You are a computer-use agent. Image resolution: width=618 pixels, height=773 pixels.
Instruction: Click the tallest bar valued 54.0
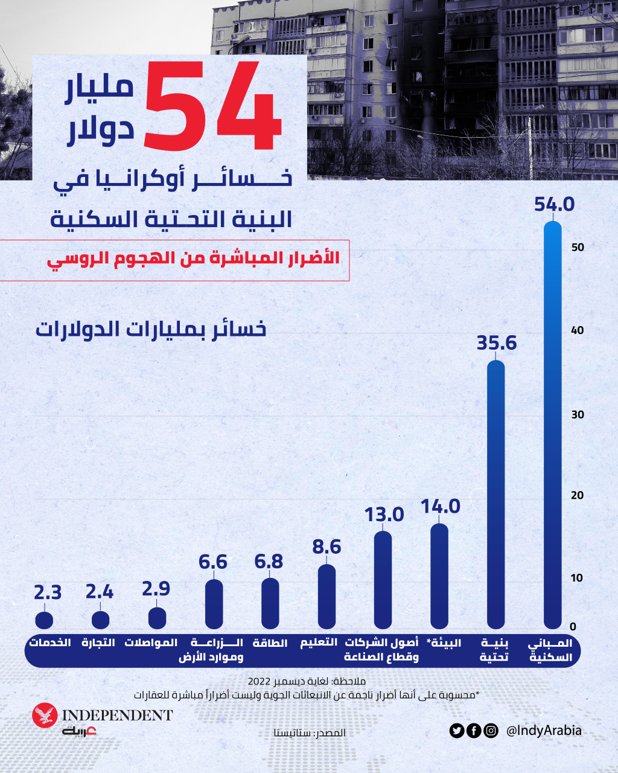point(552,423)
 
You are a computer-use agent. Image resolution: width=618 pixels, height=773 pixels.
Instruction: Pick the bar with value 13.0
point(383,580)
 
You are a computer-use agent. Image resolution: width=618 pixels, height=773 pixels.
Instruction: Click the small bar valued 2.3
point(44,620)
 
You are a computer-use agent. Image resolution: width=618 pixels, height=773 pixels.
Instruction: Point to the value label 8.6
point(327,547)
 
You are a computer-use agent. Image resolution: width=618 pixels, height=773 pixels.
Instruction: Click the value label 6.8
point(269,562)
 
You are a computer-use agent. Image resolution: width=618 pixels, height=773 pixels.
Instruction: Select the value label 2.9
point(156,588)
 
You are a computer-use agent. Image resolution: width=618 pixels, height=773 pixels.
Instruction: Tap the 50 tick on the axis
point(577,247)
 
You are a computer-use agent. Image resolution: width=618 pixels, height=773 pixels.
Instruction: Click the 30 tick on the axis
point(577,414)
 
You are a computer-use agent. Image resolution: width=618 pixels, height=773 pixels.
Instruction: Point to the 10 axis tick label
point(577,578)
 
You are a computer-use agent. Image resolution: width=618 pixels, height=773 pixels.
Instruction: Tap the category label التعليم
point(319,643)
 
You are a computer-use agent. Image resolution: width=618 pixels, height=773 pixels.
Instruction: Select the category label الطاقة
point(270,643)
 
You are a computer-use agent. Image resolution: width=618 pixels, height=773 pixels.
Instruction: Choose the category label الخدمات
point(50,643)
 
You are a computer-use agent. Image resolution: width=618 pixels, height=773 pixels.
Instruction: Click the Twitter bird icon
point(456,731)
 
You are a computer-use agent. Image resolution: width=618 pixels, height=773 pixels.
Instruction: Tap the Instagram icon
point(491,731)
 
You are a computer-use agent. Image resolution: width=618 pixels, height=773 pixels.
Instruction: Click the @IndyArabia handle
point(544,731)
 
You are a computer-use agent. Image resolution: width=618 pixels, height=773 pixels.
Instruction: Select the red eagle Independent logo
point(45,716)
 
